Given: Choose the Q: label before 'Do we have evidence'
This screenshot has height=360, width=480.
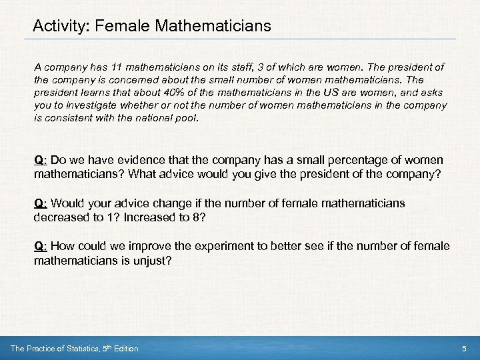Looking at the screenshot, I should pyautogui.click(x=41, y=161).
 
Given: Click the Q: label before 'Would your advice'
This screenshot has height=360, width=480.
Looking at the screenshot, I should pyautogui.click(x=41, y=203).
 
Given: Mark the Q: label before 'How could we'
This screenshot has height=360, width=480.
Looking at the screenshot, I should pyautogui.click(x=41, y=246).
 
